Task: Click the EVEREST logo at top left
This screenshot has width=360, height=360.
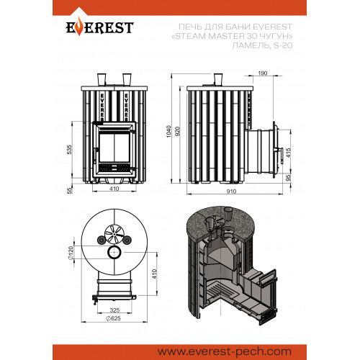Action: [x=99, y=27]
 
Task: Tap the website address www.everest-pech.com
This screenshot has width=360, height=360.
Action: [x=225, y=351]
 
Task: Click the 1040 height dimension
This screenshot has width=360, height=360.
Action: [x=168, y=131]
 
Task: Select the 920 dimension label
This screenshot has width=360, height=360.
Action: [x=177, y=131]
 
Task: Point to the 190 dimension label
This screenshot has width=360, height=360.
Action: [x=263, y=73]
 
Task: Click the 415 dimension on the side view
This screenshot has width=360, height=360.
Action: [x=289, y=153]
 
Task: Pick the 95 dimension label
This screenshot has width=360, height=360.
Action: [x=289, y=178]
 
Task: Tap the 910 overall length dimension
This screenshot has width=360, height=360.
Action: [x=231, y=192]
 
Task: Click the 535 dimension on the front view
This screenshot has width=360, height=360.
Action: [x=69, y=150]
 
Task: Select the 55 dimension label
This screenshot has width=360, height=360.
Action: [x=69, y=191]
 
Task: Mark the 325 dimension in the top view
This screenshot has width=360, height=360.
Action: [x=114, y=310]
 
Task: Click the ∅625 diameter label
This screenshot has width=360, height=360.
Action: [x=113, y=318]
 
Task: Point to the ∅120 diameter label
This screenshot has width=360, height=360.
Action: [x=71, y=253]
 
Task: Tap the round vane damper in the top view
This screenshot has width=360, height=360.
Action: [x=114, y=234]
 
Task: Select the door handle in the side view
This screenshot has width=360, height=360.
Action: [x=282, y=156]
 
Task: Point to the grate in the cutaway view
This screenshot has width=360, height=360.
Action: [x=217, y=290]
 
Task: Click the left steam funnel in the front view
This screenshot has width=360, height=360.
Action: [x=102, y=79]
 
